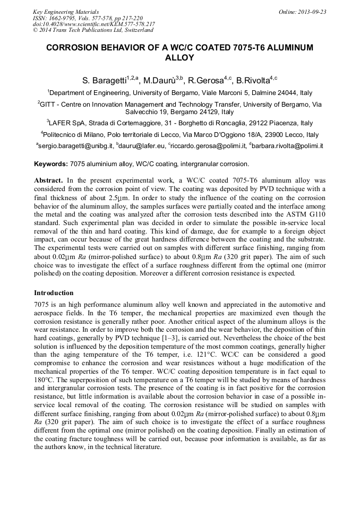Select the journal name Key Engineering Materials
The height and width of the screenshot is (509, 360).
coord(65,12)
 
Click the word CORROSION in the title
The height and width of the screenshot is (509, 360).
coord(75,48)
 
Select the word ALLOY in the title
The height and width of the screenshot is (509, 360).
coord(180,58)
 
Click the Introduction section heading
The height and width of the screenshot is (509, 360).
coord(54,293)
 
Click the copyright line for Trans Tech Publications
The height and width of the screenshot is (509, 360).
coord(93,31)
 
